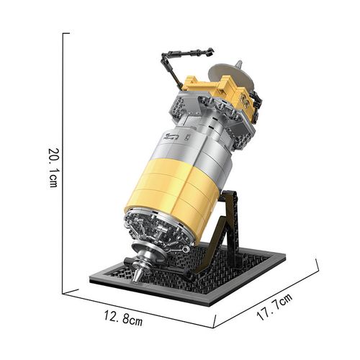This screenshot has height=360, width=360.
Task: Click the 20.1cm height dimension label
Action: click(x=53, y=168)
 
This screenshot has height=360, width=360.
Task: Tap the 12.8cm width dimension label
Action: click(x=123, y=318)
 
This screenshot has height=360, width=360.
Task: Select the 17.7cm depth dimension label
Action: click(x=275, y=307)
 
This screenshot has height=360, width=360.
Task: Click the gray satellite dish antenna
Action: click(x=230, y=75)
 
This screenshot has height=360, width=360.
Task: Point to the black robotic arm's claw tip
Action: click(x=210, y=52)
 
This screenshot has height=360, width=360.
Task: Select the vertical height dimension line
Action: click(x=63, y=163)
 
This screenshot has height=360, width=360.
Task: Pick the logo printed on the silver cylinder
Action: click(x=171, y=137)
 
